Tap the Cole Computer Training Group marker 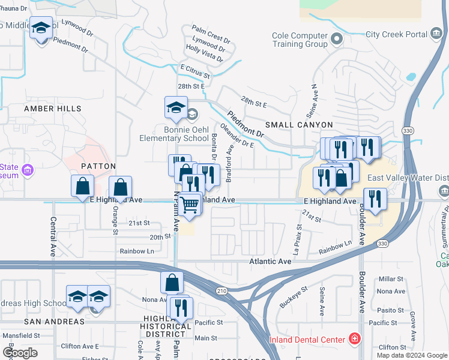[336, 40]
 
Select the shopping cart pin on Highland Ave [190, 205]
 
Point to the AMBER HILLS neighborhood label [52, 109]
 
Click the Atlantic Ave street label [270, 262]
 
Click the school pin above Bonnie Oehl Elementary [175, 109]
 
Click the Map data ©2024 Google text [412, 355]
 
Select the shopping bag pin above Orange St [120, 187]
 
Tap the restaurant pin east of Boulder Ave [375, 199]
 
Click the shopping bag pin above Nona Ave [172, 283]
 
